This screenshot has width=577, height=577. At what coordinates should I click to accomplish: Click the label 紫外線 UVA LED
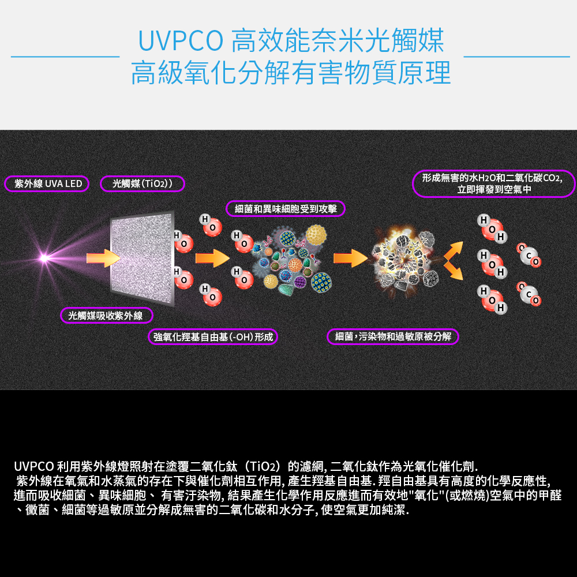pos(48,184)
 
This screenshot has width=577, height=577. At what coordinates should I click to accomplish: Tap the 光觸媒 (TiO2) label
pos(142,184)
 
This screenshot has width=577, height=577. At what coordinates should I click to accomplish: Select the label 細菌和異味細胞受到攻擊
pos(286,208)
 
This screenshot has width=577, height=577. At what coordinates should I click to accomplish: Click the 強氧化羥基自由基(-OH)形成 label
pos(213,336)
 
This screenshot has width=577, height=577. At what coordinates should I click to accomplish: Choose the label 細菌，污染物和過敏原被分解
pos(393,336)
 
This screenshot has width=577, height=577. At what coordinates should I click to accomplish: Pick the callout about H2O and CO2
pos(494,183)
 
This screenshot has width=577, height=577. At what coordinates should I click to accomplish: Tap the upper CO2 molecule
pos(529,256)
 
